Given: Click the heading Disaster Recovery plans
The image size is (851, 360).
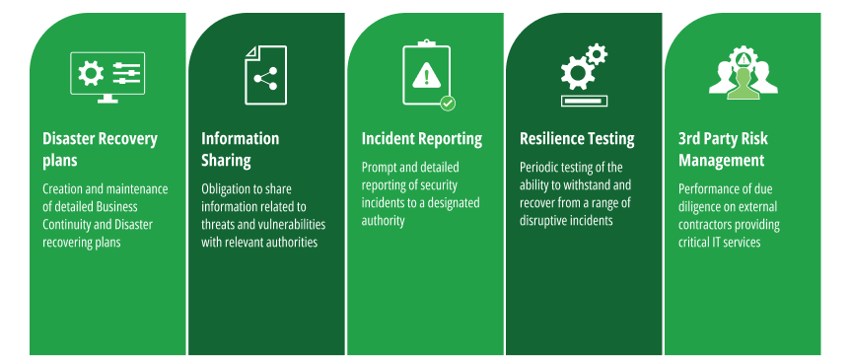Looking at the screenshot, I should [100, 149].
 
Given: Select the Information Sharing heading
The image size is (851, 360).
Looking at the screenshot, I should [240, 149].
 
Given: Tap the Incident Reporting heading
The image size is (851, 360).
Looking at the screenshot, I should [421, 139].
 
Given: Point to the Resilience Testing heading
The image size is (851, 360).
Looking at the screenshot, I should [577, 139].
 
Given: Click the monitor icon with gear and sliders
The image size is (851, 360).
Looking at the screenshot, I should [107, 77].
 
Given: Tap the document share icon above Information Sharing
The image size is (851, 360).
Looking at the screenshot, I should [265, 75].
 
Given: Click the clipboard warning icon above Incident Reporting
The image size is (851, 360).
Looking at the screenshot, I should [426, 73].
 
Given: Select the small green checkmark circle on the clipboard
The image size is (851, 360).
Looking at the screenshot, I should [448, 103].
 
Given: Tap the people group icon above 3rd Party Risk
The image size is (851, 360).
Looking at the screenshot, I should [743, 73].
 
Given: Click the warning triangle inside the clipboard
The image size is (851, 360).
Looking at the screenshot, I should [426, 74].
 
